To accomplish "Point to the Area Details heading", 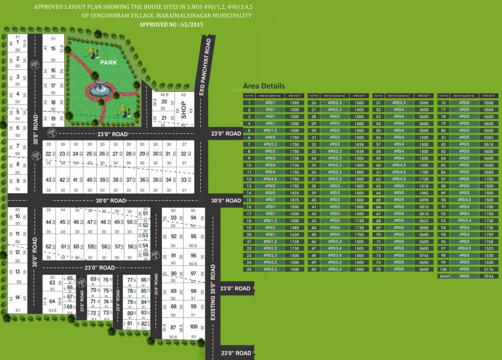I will point(264,86).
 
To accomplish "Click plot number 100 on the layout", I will point(193,327).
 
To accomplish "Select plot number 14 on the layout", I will point(17,298).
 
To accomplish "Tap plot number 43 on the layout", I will point(49,180).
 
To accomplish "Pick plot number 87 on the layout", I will point(173,327).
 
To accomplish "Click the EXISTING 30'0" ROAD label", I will point(213,292).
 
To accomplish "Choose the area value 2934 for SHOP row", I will point(489,277).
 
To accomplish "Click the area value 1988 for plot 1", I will point(294,103).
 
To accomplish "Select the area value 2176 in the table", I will point(489,270).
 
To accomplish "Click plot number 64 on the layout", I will point(52,301).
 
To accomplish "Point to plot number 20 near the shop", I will point(164,101).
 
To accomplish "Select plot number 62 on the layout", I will point(49,246).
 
